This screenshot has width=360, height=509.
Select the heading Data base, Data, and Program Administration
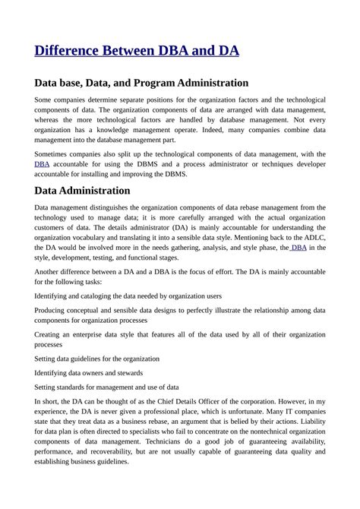(141, 82)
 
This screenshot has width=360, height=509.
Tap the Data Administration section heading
(82, 190)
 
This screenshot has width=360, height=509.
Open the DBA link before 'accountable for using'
(42, 163)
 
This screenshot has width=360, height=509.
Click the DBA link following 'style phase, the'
(298, 247)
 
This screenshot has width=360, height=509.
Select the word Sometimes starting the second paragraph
(54, 153)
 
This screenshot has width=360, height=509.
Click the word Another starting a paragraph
(50, 271)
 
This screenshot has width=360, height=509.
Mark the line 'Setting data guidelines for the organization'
(97, 358)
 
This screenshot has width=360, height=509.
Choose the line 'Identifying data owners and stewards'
(87, 372)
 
